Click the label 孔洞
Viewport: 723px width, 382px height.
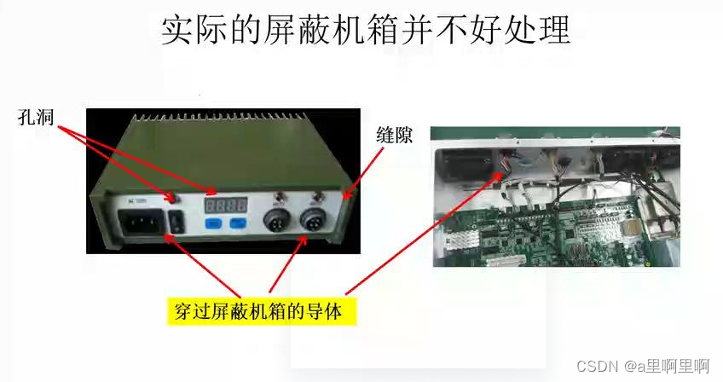(x=36, y=117)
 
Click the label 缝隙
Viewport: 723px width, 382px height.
(x=394, y=136)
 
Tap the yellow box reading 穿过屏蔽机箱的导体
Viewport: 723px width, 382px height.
(x=262, y=312)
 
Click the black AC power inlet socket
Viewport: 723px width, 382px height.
(x=142, y=223)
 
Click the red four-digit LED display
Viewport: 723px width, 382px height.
(x=226, y=205)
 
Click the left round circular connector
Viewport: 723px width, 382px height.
(x=276, y=220)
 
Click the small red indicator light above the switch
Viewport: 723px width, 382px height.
(x=172, y=199)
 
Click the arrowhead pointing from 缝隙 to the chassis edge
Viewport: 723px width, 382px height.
(x=347, y=195)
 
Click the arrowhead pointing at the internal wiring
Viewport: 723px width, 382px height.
(x=499, y=176)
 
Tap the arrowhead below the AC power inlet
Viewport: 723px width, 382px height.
(x=168, y=237)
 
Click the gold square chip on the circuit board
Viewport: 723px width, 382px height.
(x=630, y=228)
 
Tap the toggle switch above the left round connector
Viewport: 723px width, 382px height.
(x=279, y=197)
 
